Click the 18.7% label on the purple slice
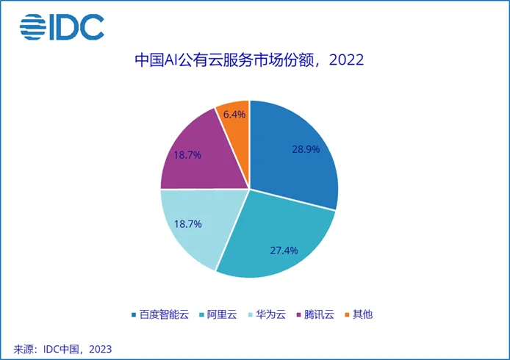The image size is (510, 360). click(x=187, y=155)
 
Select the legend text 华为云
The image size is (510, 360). click(x=273, y=314)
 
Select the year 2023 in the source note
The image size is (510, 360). click(x=100, y=348)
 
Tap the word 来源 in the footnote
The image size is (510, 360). click(x=24, y=348)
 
